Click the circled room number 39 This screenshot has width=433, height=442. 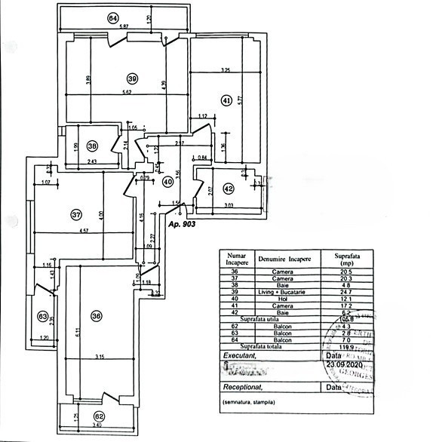pyautogui.click(x=133, y=78)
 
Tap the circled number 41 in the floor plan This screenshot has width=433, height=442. pyautogui.click(x=226, y=99)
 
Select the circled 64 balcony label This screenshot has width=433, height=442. pyautogui.click(x=113, y=18)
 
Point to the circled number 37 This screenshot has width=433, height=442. pyautogui.click(x=75, y=215)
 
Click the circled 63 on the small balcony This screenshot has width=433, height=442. pyautogui.click(x=43, y=317)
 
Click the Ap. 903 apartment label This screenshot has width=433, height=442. pyautogui.click(x=183, y=225)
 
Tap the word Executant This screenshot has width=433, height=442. pyautogui.click(x=241, y=354)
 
